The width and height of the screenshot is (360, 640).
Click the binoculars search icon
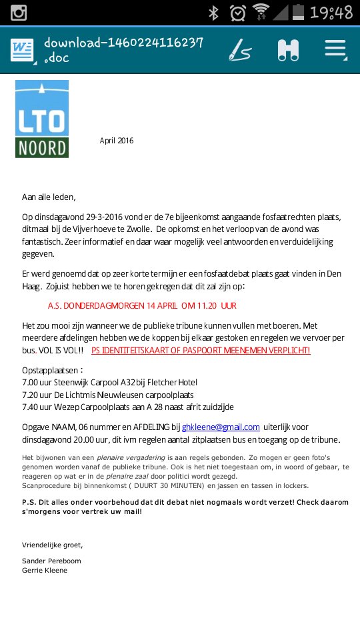coord(288,50)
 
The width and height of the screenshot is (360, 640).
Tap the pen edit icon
coord(240,49)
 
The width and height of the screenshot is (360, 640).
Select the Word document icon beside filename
coord(22,49)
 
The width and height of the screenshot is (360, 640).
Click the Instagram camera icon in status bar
coord(18,12)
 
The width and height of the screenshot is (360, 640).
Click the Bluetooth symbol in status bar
coord(214,13)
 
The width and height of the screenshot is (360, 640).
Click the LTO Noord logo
coord(42,119)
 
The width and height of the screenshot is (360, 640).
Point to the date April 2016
coord(117,141)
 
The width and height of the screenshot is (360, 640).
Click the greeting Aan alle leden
coord(49,197)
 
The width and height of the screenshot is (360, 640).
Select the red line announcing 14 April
coord(142,306)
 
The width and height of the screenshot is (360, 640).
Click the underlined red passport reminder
coord(201,350)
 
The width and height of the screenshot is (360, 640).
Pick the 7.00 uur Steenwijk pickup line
coord(110,382)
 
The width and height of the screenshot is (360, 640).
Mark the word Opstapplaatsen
coord(53,370)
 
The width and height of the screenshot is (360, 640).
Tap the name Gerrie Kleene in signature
coord(45,570)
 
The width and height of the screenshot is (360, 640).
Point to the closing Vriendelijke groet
coord(53,545)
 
